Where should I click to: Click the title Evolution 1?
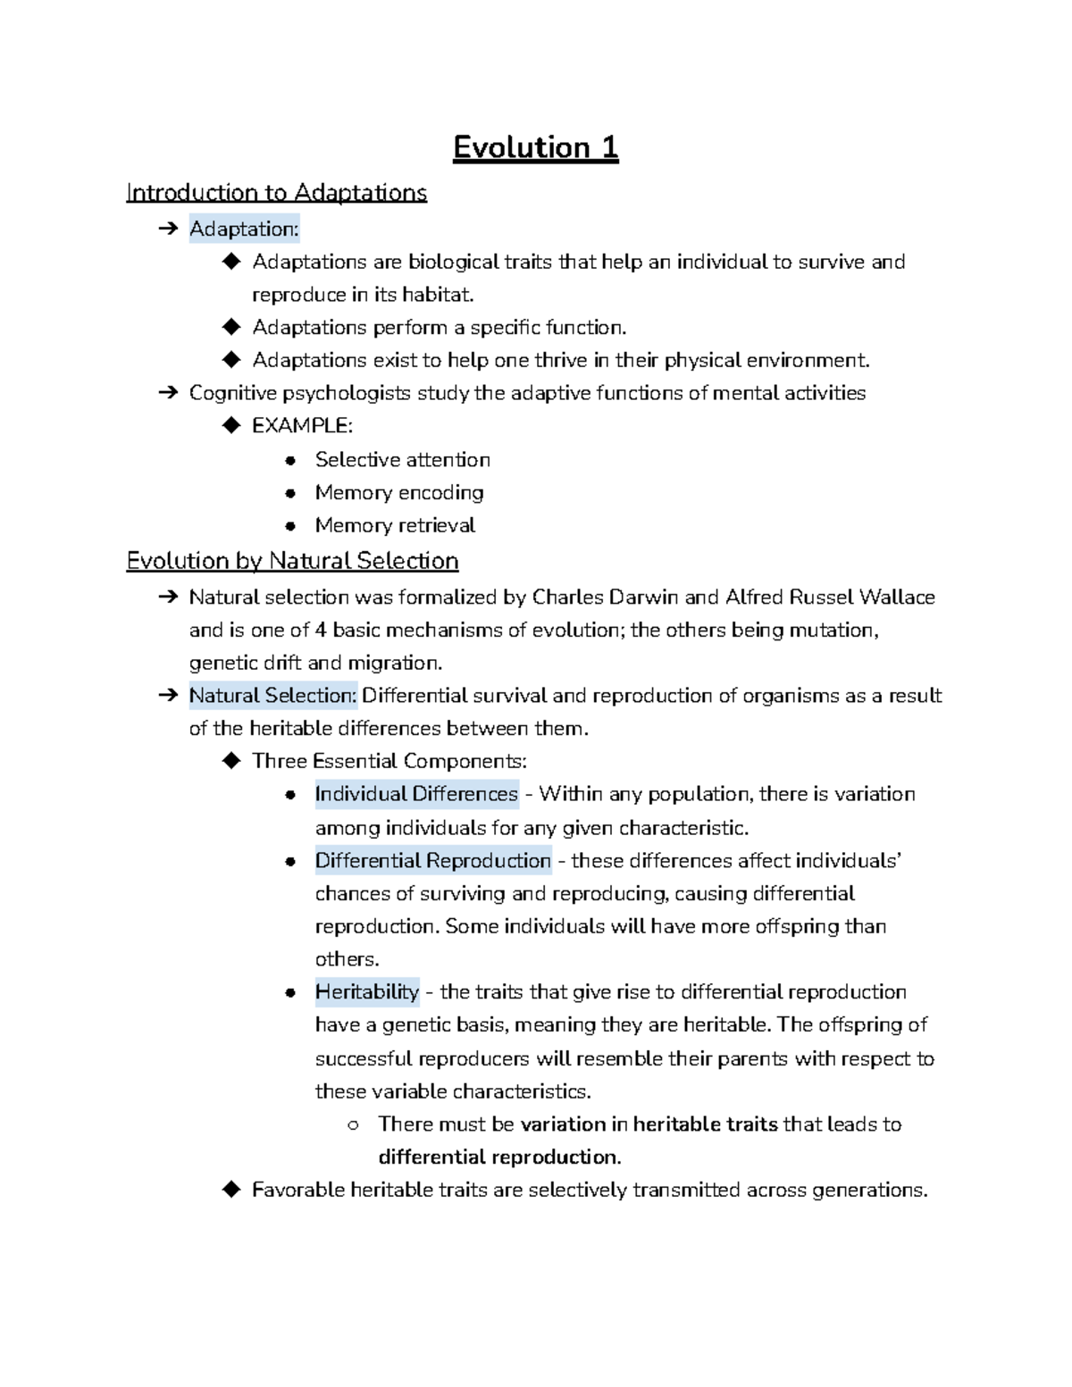tap(535, 147)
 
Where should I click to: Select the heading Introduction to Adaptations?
tap(276, 193)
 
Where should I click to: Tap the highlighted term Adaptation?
tap(244, 230)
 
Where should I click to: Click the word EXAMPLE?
tap(302, 426)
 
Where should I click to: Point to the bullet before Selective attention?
tap(289, 461)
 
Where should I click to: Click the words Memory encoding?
tap(398, 493)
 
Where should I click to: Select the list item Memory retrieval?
tap(394, 526)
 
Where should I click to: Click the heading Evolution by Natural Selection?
tap(292, 561)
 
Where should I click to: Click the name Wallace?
tap(896, 597)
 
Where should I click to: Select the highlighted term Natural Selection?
tap(272, 696)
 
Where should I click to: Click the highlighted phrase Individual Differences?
tap(416, 794)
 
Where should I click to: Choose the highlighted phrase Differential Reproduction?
tap(432, 861)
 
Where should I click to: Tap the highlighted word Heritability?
tap(366, 992)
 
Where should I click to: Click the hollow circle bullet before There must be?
tap(353, 1125)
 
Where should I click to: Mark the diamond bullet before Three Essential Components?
tap(231, 761)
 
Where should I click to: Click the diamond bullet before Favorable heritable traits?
tap(231, 1190)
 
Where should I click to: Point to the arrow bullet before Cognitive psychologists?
tap(167, 393)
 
